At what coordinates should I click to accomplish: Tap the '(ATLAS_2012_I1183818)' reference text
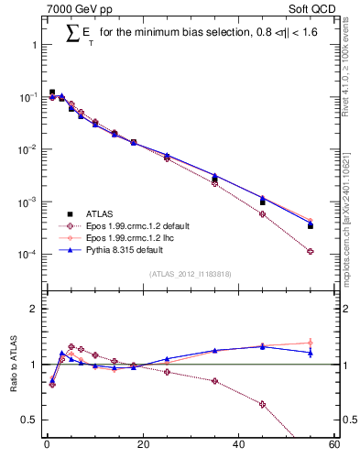[191, 273]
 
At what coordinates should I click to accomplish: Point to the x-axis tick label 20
[142, 446]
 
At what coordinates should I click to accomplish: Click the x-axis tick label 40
[238, 446]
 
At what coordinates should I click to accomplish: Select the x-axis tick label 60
[333, 446]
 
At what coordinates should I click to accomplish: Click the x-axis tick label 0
[47, 446]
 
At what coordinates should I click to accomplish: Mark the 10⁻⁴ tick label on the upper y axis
[27, 254]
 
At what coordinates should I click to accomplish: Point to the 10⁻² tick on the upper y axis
[27, 149]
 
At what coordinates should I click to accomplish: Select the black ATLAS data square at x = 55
[311, 225]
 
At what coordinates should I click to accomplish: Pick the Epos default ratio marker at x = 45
[263, 404]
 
